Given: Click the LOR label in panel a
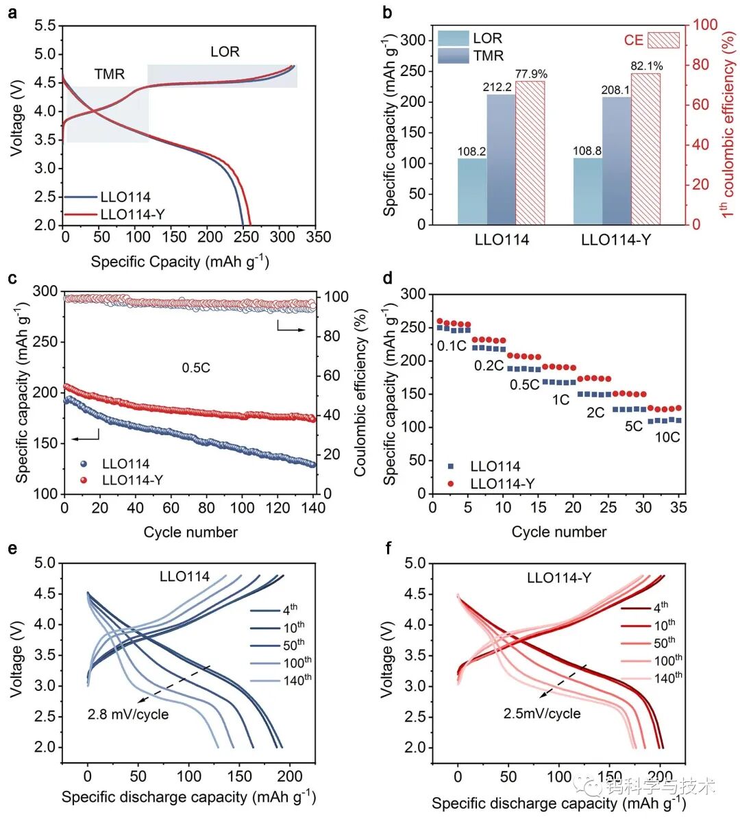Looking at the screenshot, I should coord(225,51).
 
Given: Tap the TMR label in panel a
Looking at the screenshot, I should coord(110,74).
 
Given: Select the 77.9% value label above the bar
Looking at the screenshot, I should coord(531,74).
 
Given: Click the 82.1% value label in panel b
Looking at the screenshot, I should coord(646,65).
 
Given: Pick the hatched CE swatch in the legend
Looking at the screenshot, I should coord(663,40).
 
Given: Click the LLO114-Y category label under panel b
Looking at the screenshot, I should coord(616,240).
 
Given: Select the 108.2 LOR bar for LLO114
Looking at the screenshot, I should coord(472,191).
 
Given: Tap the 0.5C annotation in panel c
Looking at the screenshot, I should coord(196,368).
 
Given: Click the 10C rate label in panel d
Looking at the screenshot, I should coord(667,437).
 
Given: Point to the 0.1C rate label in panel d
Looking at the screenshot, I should coord(452,346).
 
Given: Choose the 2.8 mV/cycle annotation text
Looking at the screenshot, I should coord(128,714).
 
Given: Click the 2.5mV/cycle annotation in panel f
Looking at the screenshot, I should coord(542,713).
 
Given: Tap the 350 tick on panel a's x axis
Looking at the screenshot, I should coord(317,237).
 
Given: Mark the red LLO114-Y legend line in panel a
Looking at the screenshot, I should coord(81,215).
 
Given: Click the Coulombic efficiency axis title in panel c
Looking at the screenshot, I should coord(360,392).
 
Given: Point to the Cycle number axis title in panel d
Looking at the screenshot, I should coord(558,532).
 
